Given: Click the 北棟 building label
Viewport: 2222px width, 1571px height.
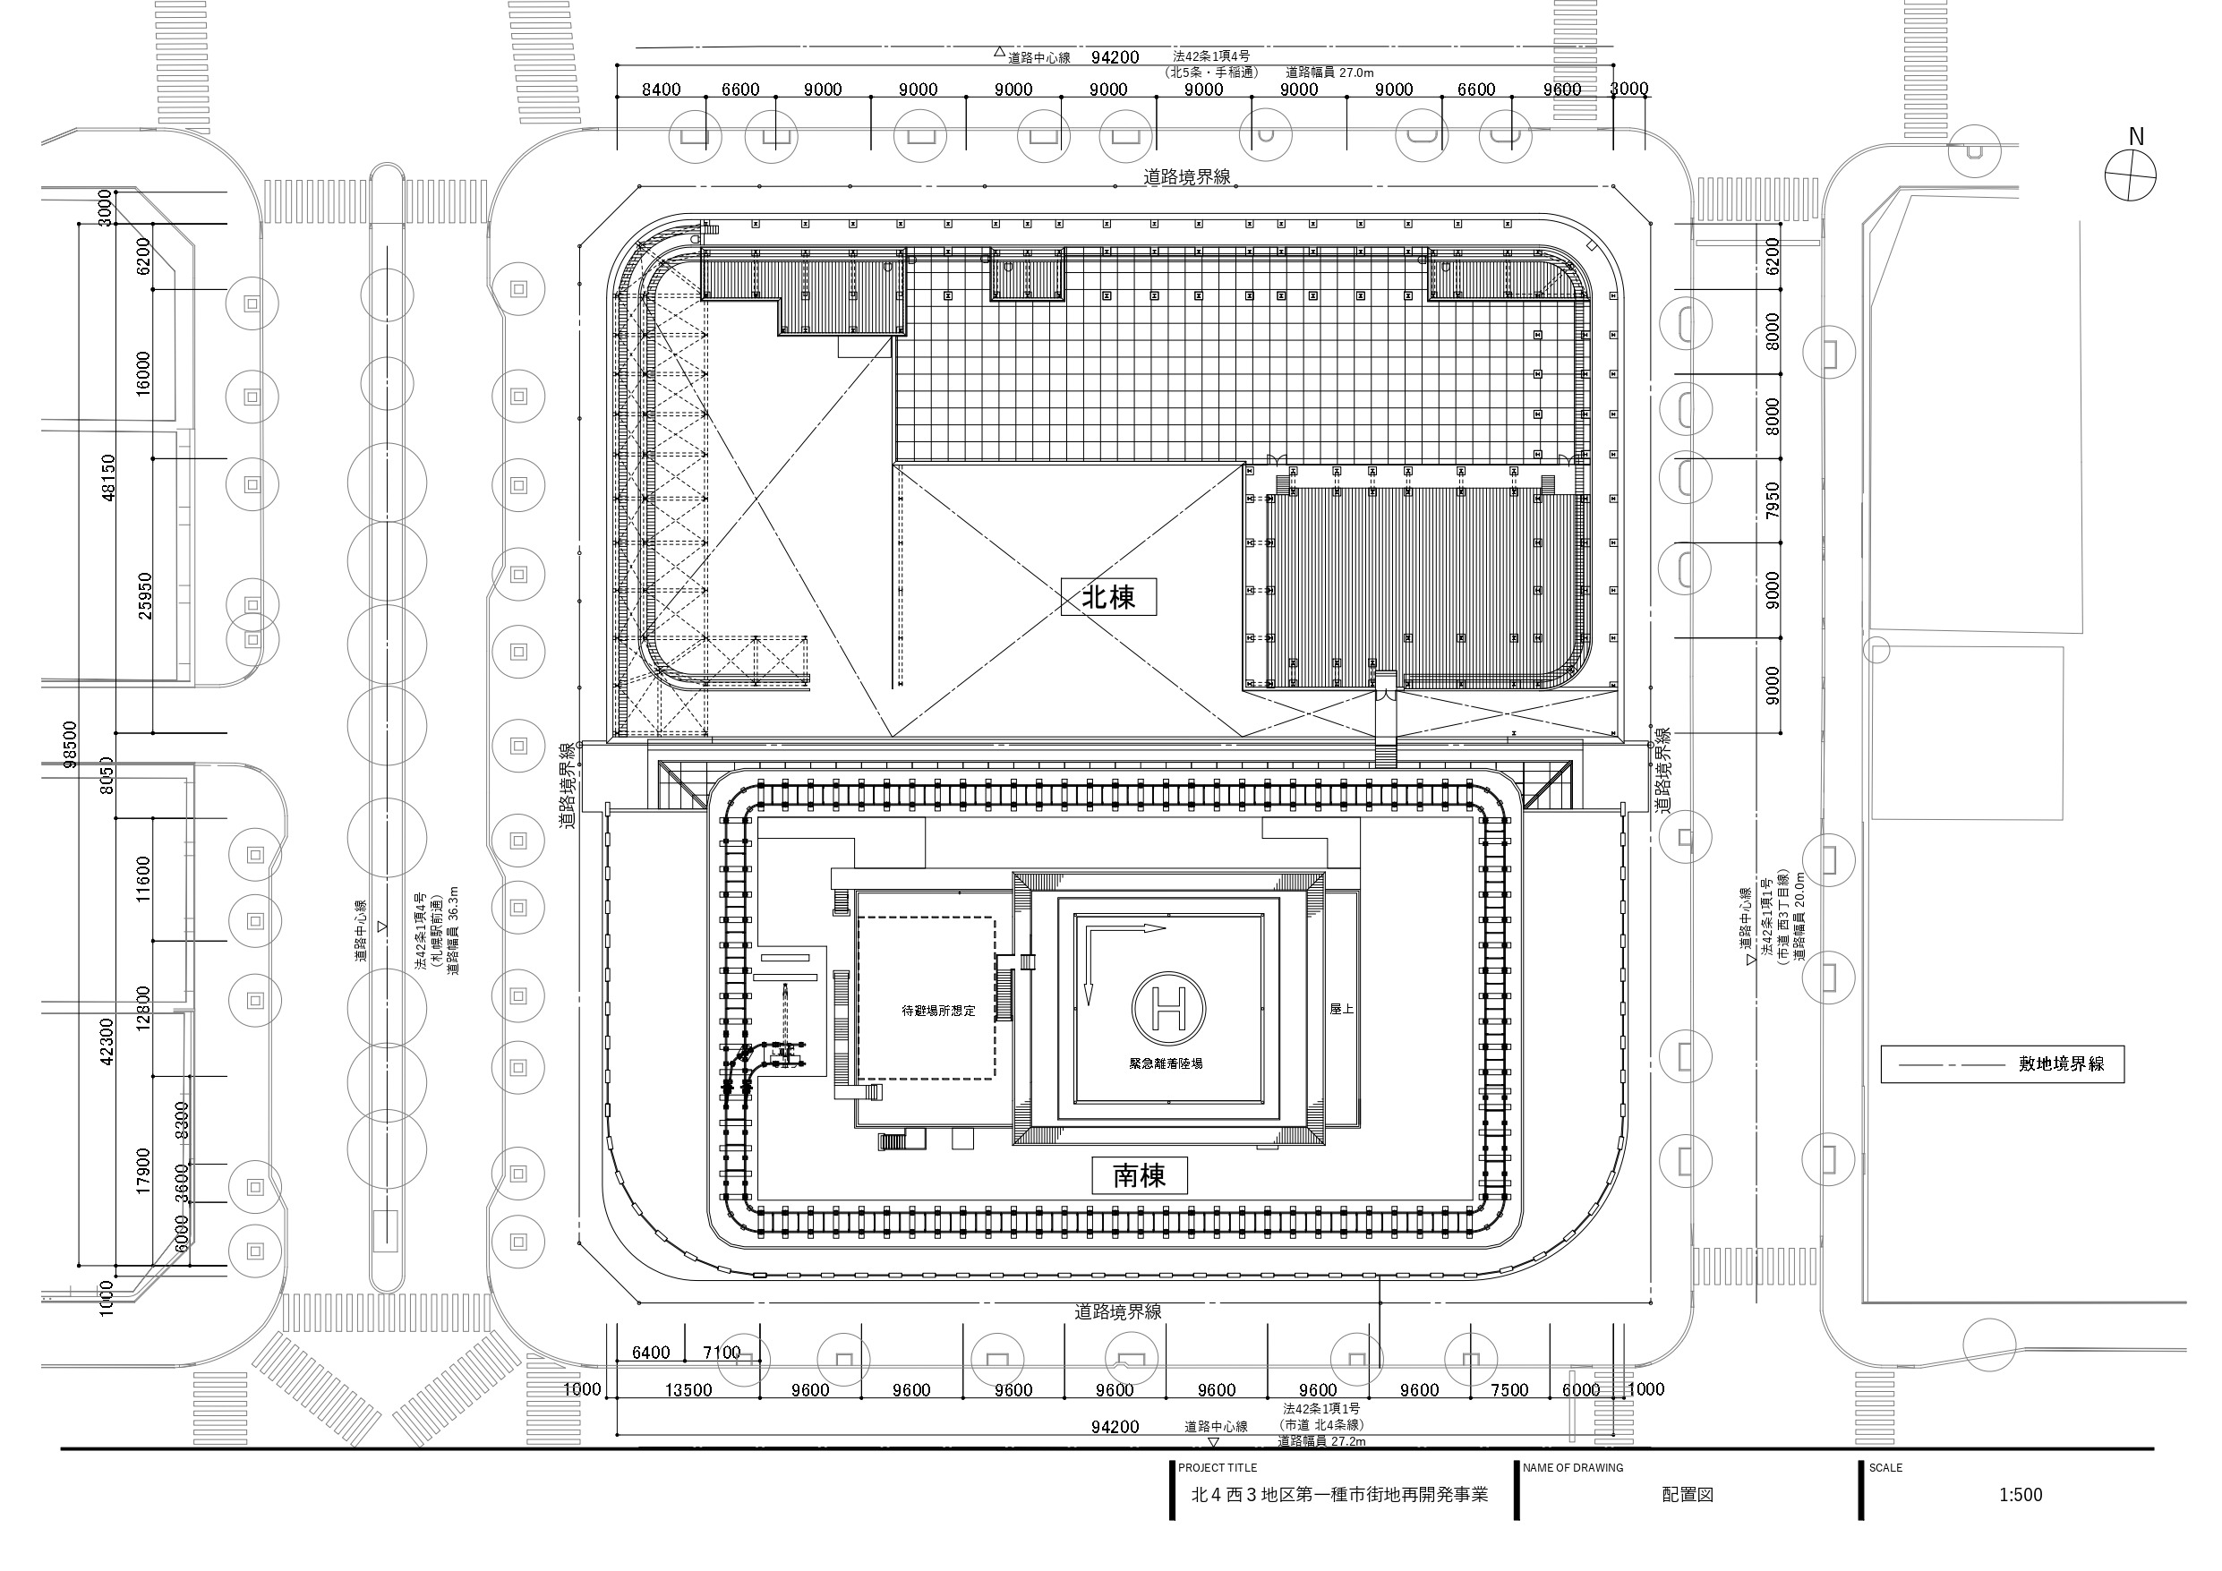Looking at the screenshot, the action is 1108,597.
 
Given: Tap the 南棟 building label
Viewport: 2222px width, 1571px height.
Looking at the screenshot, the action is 1139,1175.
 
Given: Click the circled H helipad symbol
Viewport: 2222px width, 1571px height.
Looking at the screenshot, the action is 1168,1008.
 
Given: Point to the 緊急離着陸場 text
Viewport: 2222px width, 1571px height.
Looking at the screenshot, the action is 1166,1063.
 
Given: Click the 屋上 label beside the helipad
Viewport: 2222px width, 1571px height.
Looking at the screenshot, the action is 1340,1009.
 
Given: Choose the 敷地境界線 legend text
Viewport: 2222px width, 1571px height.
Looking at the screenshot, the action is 2062,1063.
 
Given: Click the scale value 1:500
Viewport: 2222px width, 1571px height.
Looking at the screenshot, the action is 2020,1495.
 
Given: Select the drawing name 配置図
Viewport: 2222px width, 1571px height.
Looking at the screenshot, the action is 1687,1495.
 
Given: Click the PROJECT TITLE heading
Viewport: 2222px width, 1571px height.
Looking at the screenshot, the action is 1218,1467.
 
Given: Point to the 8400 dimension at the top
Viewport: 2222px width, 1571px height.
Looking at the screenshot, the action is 661,90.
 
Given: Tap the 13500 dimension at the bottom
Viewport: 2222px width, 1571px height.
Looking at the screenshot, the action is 688,1390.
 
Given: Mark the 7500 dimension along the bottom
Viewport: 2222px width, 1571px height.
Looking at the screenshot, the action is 1508,1390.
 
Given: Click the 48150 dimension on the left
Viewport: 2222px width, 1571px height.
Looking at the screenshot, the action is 108,477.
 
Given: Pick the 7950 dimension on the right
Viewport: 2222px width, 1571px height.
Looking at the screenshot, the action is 1772,499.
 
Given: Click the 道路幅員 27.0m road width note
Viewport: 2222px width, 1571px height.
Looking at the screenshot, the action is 1329,73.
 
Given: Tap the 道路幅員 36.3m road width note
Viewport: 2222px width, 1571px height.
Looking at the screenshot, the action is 453,929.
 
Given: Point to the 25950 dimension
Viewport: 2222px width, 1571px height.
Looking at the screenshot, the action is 145,595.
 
